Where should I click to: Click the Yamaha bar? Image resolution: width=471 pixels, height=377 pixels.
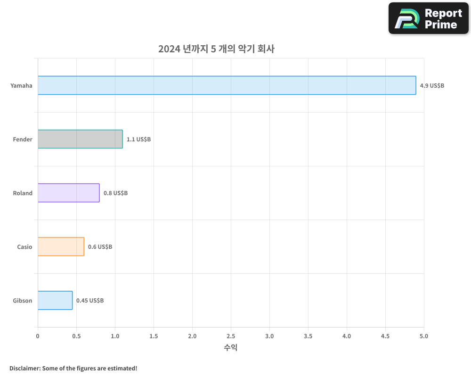point(227,85)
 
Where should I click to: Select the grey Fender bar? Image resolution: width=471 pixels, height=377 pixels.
point(80,139)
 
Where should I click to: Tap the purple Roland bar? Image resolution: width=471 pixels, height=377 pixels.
point(69,193)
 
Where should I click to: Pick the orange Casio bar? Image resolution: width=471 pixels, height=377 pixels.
point(61,246)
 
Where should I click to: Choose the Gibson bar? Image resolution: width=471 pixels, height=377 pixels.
point(55,300)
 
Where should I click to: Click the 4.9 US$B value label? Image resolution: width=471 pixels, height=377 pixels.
point(432,86)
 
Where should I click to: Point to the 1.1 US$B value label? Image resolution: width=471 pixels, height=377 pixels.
point(138,139)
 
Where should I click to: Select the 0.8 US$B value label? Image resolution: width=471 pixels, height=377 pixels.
point(115,193)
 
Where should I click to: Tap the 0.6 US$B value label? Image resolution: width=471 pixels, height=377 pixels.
point(100,247)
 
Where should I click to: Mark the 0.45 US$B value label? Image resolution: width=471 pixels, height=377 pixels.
point(90,301)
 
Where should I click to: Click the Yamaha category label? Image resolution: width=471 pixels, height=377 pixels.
point(22,86)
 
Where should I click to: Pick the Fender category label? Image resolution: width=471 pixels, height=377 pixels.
point(23,139)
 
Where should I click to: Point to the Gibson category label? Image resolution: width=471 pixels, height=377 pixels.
point(23,301)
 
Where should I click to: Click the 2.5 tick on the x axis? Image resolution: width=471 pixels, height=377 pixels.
point(231,336)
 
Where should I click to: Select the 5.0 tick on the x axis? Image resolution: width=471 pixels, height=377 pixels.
point(424,336)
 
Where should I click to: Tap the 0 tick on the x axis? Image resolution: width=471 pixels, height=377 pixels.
point(38,336)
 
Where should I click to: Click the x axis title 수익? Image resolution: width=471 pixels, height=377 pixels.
point(231,348)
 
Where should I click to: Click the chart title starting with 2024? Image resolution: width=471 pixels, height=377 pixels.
point(216,49)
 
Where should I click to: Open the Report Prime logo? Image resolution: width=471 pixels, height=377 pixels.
point(428,18)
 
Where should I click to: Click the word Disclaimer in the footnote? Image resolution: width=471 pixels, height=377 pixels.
point(24,368)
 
